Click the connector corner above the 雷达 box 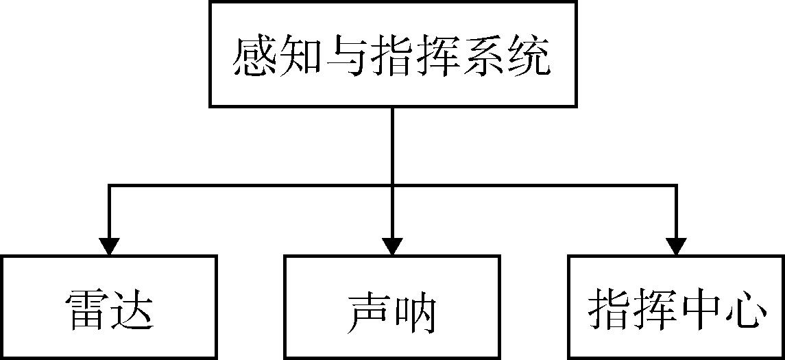[109, 184]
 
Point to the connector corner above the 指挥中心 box [677, 184]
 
